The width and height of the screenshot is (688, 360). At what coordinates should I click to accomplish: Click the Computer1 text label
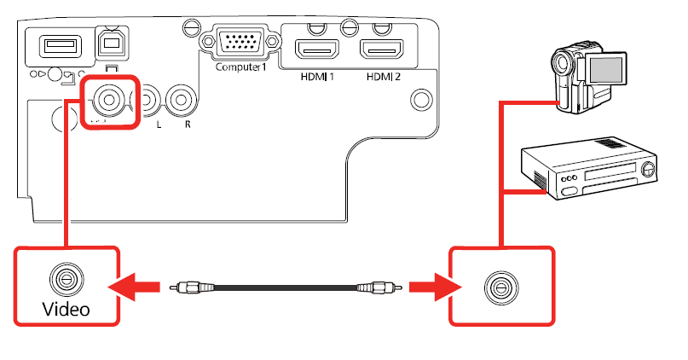point(241,67)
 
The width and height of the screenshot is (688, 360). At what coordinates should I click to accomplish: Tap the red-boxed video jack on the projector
point(109,100)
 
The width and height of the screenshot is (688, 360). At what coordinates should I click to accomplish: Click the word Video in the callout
point(66,308)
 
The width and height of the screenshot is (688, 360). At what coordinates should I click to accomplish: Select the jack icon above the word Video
point(65,279)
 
